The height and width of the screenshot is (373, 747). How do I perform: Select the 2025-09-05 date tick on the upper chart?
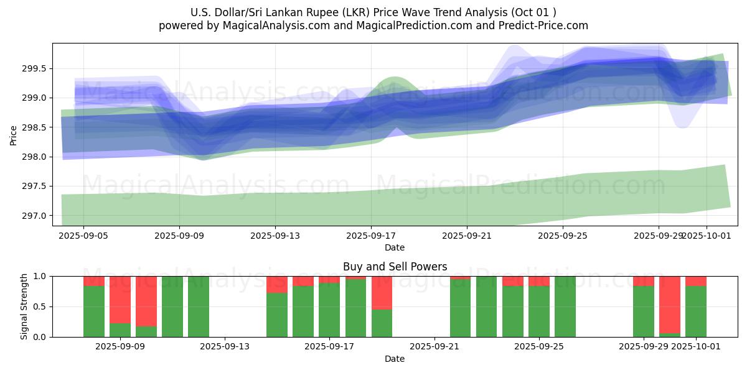[x=83, y=236]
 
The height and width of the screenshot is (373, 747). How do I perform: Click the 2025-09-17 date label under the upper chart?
[x=371, y=236]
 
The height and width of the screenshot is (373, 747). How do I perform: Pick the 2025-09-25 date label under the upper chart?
[x=563, y=236]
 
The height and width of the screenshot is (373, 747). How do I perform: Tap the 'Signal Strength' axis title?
[x=24, y=306]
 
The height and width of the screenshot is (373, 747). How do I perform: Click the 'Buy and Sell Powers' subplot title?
[x=395, y=267]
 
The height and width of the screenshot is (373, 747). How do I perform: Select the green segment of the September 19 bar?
[x=382, y=323]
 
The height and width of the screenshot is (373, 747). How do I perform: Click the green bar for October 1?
[x=696, y=311]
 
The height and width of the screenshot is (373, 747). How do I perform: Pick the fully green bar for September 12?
[x=199, y=306]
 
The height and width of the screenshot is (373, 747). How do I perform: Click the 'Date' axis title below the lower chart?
[x=395, y=359]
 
